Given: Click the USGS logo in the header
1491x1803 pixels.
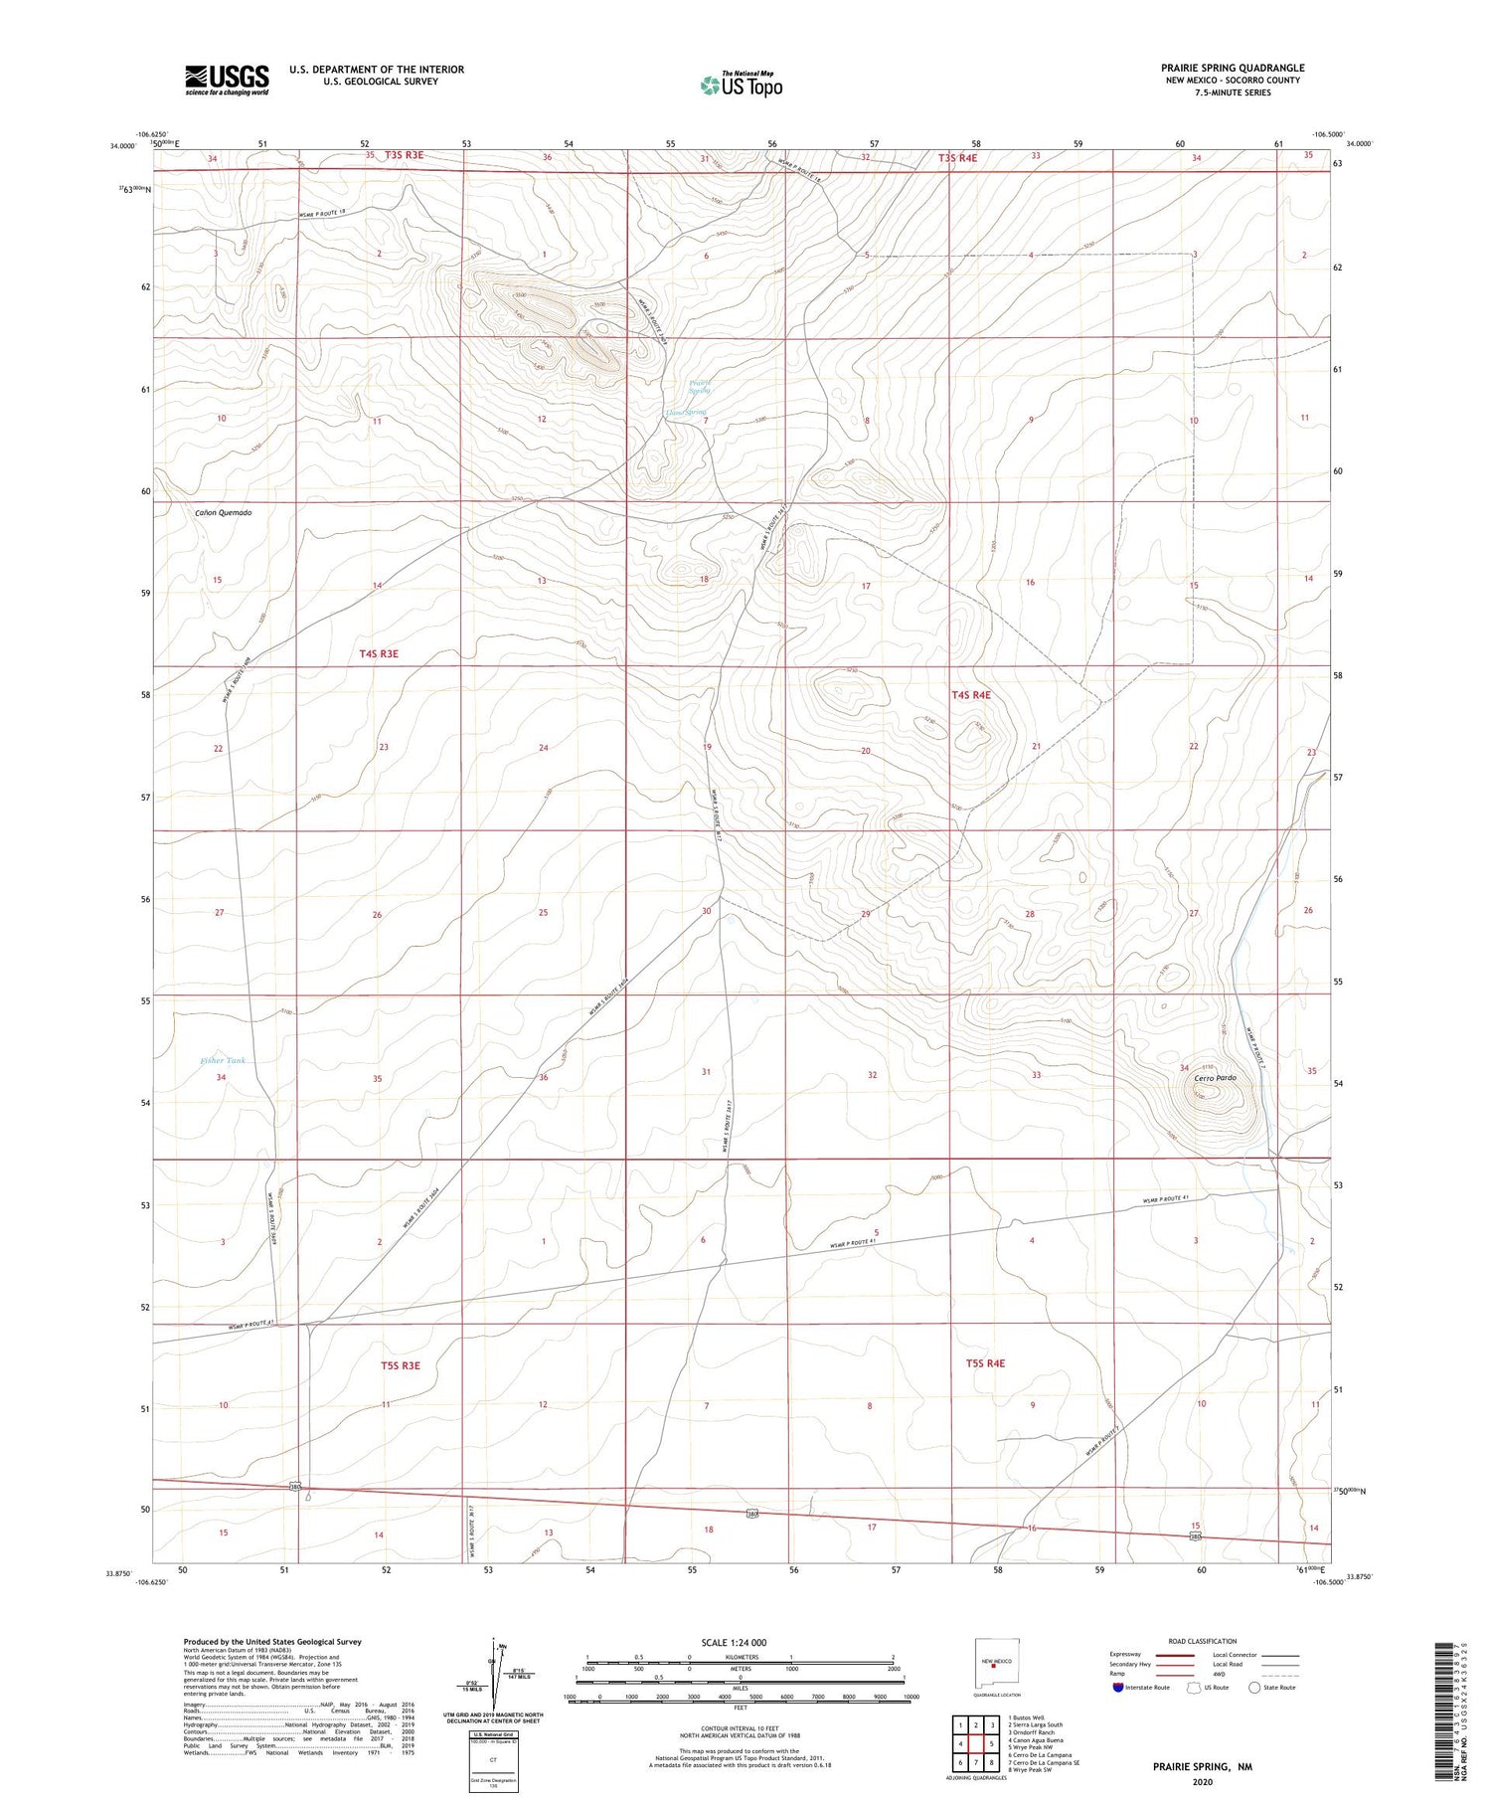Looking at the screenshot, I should coord(227,80).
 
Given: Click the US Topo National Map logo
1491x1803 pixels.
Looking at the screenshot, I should coord(741,86).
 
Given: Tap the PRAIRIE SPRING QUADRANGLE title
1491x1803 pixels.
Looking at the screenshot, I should coord(1233,69).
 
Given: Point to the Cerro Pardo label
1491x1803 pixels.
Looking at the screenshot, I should coord(1215,1078).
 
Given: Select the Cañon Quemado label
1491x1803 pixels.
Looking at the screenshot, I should coord(223,513).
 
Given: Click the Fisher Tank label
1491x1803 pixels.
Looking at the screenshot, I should coord(222,1061).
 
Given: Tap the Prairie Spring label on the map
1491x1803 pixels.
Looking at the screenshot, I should coord(700,387).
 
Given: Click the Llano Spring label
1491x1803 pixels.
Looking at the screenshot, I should coord(686,413).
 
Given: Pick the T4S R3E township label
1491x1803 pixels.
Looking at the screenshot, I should coord(379,653).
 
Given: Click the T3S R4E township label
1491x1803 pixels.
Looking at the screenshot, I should coord(958,158).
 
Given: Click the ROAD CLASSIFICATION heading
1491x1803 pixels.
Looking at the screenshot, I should coord(1203,1641).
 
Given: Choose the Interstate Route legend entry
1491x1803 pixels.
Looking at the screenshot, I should coord(1142,1688).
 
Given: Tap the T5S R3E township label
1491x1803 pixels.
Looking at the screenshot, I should coord(400,1365).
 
